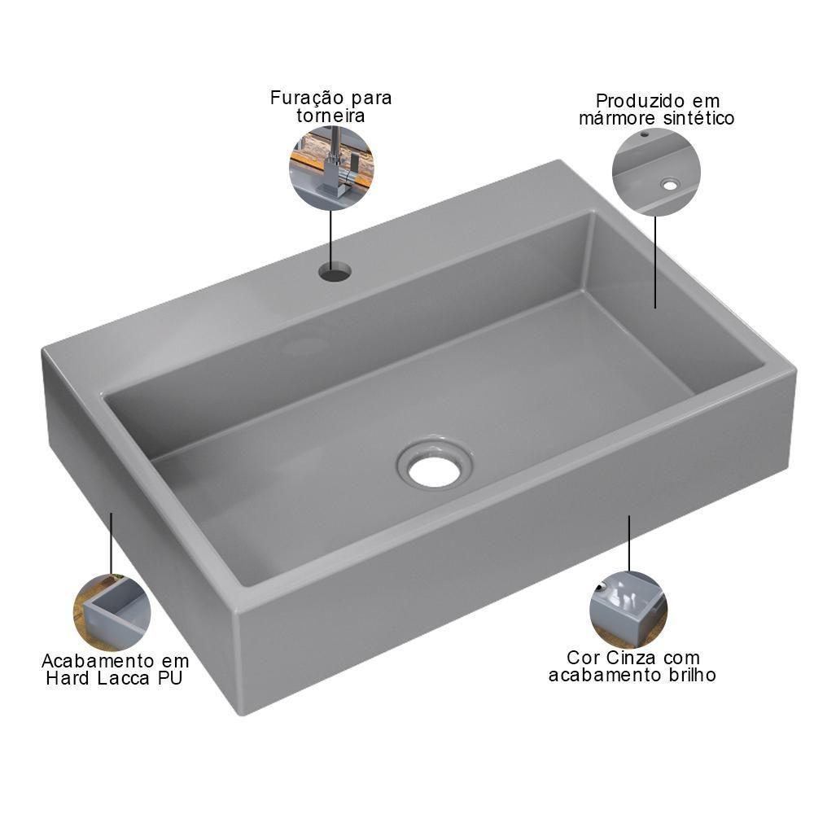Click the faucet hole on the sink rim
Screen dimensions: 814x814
pos(334,270)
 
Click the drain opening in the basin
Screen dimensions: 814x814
pos(435,469)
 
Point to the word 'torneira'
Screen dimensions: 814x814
pos(330,116)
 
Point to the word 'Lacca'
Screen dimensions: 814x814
pos(128,678)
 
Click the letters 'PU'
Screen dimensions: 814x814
pos(169,678)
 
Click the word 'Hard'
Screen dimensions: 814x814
pos(67,678)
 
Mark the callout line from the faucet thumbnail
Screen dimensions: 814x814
pos(330,236)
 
